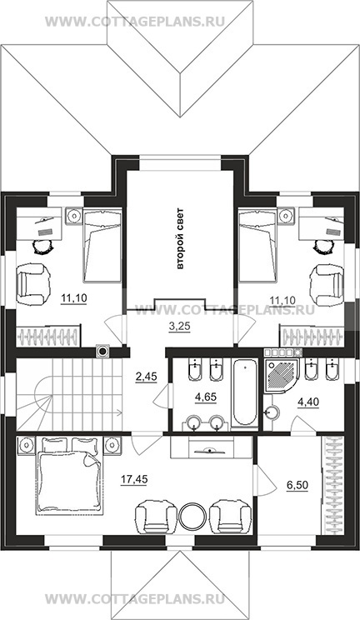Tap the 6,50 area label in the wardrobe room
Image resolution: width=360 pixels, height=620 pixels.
tap(297, 485)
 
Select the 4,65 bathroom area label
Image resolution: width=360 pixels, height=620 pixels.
tap(206, 397)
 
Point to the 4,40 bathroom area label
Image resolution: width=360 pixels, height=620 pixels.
tap(308, 402)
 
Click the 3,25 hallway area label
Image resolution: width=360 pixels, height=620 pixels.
tap(179, 327)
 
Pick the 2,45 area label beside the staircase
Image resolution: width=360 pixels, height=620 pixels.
tap(147, 376)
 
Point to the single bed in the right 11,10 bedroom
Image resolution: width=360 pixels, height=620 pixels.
tap(257, 245)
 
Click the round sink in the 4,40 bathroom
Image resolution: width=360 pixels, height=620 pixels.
tap(272, 412)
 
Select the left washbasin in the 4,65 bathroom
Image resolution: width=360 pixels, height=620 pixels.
tap(194, 422)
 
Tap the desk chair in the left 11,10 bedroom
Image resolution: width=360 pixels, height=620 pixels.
tap(42, 247)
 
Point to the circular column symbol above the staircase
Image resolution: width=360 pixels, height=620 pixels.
tap(102, 351)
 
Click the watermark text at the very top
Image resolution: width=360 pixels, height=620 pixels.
tap(135, 21)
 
